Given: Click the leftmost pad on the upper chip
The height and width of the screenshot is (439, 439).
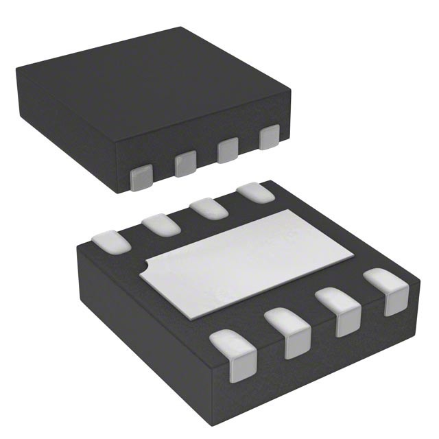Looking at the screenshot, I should pos(142,177).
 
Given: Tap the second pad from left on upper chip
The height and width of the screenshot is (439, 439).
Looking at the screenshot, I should pos(185,164).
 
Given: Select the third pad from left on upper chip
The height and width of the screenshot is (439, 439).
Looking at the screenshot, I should pos(228,151).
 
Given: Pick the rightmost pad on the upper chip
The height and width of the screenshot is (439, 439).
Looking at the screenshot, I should pos(269,138).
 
